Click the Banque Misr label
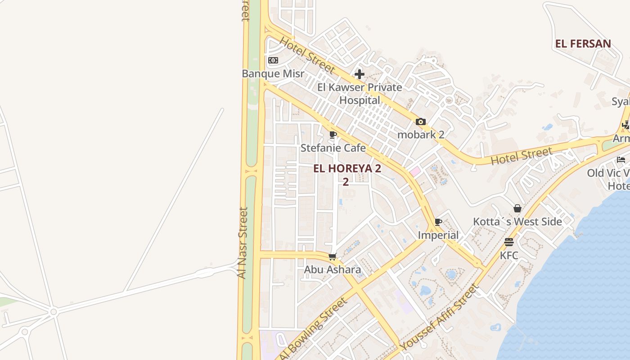tap(273, 74)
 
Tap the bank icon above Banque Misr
tap(273, 60)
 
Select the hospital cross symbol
tap(360, 74)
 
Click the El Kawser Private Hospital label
tap(360, 93)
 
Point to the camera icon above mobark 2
tap(421, 121)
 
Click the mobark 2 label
tap(421, 134)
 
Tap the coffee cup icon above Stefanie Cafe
tap(333, 135)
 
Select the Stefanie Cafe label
tap(333, 148)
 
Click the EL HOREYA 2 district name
tap(347, 169)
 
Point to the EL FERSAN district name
tap(583, 44)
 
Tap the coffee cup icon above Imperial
tap(438, 222)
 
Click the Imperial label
tap(438, 235)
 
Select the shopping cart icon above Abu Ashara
tap(333, 256)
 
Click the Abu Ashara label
tap(333, 270)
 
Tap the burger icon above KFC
tap(509, 242)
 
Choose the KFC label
tap(509, 256)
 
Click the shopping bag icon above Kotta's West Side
tap(517, 208)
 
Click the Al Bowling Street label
tap(314, 329)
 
